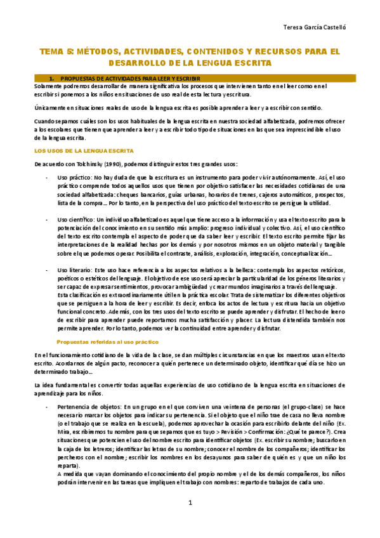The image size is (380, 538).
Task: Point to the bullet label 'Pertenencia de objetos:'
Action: click(89, 407)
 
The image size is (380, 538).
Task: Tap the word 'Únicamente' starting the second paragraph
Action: click(51, 107)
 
